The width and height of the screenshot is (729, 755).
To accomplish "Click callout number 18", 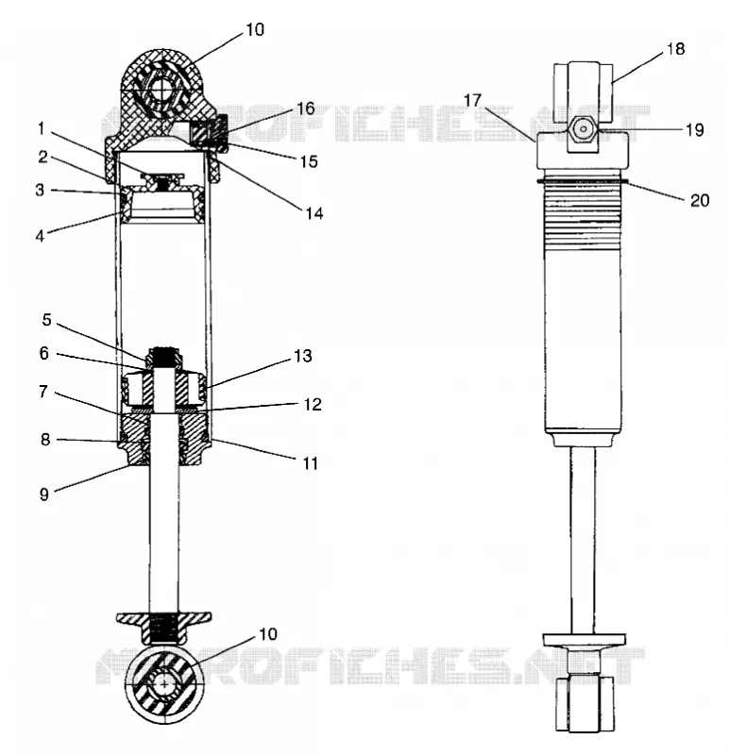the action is pyautogui.click(x=675, y=49).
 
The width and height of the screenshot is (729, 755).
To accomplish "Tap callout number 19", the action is pyautogui.click(x=694, y=130).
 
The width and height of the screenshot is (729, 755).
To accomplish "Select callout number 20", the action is pyautogui.click(x=700, y=200).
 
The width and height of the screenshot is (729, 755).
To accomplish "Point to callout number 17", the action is pyautogui.click(x=472, y=100).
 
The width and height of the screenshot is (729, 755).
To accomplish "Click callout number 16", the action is pyautogui.click(x=305, y=109).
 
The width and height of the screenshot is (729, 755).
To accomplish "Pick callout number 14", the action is pyautogui.click(x=314, y=213).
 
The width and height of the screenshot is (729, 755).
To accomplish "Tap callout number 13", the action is pyautogui.click(x=303, y=356).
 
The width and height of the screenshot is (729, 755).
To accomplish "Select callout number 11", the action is pyautogui.click(x=311, y=463).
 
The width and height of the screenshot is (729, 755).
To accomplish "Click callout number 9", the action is pyautogui.click(x=43, y=494).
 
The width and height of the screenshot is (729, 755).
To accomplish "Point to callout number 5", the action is pyautogui.click(x=46, y=320).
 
